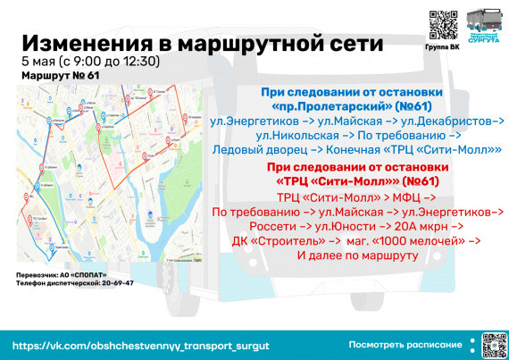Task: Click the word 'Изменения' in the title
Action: point(84,44)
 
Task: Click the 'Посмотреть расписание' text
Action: point(405,344)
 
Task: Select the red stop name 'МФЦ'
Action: point(408,197)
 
